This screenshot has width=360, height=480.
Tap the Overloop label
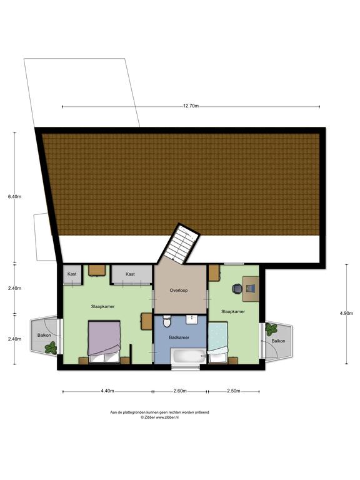(x=179, y=291)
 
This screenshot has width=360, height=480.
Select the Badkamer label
(x=180, y=337)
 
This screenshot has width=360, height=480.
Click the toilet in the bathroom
(x=166, y=322)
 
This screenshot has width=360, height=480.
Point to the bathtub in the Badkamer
(x=188, y=357)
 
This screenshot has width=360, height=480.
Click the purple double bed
(x=103, y=341)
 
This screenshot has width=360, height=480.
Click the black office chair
(x=237, y=288)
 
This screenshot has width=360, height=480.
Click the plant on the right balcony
(x=272, y=329)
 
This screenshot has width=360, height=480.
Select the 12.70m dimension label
(x=191, y=106)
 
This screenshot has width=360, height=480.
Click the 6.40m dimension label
(x=14, y=196)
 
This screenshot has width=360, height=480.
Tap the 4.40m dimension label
(x=107, y=391)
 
